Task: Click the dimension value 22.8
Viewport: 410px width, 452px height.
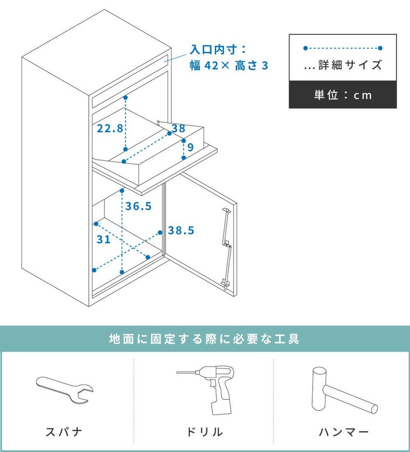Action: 110,128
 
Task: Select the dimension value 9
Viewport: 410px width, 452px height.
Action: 190,147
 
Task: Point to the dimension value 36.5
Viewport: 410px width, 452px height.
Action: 139,206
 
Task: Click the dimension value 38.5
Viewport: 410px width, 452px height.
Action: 181,231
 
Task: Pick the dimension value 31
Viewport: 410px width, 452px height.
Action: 104,239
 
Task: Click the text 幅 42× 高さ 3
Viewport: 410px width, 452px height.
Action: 229,66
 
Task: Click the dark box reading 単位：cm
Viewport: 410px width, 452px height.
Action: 343,95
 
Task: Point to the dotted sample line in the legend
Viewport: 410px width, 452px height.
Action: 343,48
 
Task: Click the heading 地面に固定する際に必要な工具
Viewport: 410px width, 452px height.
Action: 204,339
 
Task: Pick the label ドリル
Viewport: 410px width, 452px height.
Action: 204,432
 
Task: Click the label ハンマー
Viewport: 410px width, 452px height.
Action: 344,432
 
